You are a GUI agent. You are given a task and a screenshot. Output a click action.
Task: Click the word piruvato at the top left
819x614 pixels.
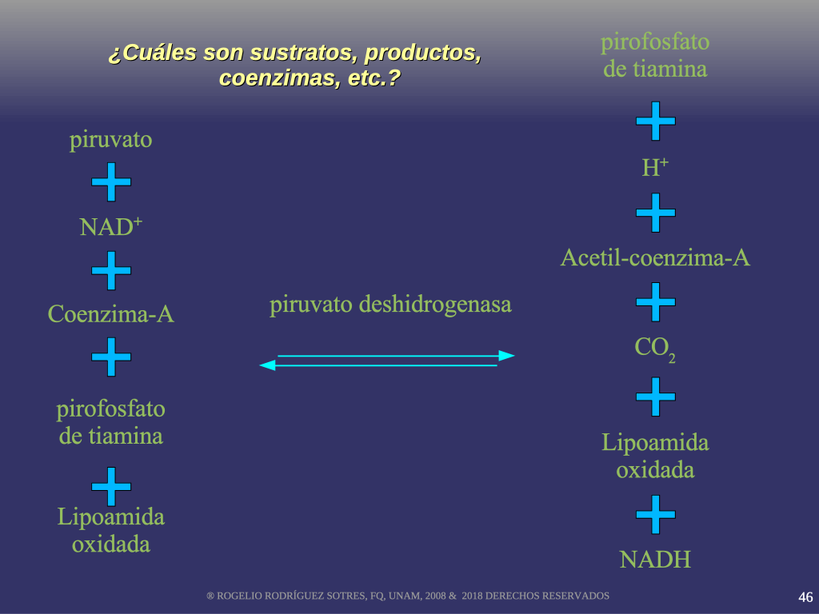(x=110, y=141)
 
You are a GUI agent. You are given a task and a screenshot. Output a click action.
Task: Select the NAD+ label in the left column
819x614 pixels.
(x=110, y=226)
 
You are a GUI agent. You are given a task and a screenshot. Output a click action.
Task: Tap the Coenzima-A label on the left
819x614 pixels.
(x=110, y=313)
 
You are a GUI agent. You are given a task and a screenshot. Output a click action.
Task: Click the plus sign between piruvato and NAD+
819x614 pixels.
(x=110, y=181)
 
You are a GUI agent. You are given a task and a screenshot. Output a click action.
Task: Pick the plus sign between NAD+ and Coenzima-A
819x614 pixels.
(x=110, y=270)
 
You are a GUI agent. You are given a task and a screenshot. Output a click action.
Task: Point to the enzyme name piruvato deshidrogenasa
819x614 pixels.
(x=390, y=305)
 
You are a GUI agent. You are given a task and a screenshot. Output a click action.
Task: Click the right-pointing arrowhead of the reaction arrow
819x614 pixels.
(x=506, y=356)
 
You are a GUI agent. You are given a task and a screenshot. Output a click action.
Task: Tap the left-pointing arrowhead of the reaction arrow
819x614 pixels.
(x=267, y=365)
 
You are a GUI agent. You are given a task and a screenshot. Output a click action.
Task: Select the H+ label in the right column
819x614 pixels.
(x=655, y=167)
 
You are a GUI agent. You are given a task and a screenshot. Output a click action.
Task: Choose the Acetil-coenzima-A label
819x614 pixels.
(x=655, y=258)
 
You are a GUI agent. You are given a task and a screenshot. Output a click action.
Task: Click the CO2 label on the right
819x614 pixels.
(x=655, y=349)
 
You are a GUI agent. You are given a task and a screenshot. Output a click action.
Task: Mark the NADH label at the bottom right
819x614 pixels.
(x=655, y=560)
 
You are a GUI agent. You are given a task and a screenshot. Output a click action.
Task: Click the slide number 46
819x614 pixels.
(x=805, y=597)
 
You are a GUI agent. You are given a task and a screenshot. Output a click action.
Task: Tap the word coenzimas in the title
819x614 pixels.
(x=278, y=78)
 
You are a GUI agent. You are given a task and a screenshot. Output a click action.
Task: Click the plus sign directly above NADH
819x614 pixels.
(x=656, y=514)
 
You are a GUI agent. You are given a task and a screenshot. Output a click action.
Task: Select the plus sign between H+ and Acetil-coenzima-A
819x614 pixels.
(x=656, y=213)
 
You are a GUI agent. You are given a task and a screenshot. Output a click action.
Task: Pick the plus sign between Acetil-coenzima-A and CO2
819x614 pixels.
(x=656, y=301)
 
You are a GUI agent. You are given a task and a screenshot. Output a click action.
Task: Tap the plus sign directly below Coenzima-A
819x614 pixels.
(x=110, y=357)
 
